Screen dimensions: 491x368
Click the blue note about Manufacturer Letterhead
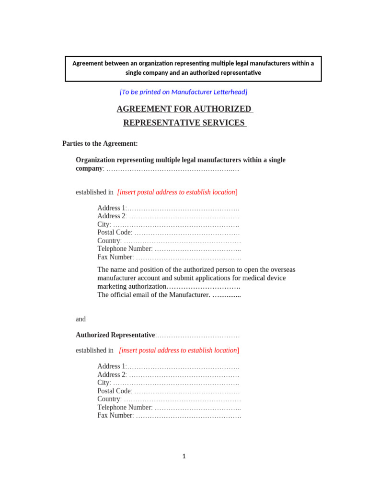click(184, 92)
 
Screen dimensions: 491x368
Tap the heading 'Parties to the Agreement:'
click(100, 143)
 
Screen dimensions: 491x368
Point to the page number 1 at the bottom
click(184, 456)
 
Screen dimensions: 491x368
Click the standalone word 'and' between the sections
click(80, 319)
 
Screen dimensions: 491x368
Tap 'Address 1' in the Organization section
click(111, 208)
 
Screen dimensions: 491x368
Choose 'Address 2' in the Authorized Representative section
click(111, 374)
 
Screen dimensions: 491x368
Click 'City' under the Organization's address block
click(103, 224)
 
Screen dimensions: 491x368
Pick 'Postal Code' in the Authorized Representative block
click(115, 391)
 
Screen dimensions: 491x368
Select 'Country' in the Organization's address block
click(109, 241)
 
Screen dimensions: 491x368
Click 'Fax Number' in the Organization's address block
click(115, 257)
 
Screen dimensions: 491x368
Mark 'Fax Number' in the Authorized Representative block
click(115, 415)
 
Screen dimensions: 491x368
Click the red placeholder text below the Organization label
click(177, 192)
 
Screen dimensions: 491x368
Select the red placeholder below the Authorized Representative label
click(179, 351)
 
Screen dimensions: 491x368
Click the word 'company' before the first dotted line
click(89, 168)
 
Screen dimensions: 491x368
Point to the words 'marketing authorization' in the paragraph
click(131, 286)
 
